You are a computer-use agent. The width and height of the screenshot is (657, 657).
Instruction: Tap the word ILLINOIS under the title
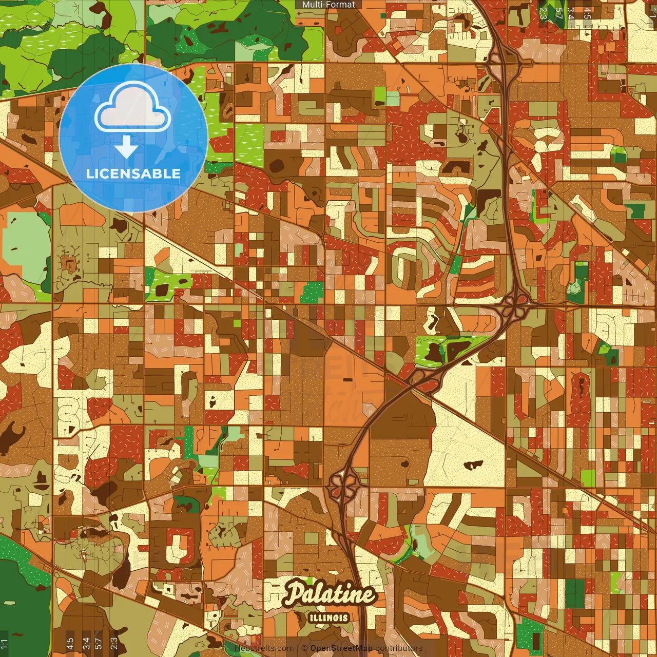tap(329, 618)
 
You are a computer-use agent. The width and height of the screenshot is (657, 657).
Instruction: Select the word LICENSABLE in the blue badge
tap(133, 173)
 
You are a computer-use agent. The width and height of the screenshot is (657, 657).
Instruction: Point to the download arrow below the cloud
tap(126, 147)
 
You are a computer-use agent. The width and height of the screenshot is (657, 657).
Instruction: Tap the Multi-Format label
tap(328, 5)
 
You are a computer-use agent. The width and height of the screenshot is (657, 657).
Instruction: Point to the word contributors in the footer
tap(399, 648)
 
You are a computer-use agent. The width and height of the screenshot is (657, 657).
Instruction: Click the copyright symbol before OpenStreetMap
tap(304, 648)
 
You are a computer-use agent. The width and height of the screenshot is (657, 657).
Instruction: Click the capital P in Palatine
tap(294, 593)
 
